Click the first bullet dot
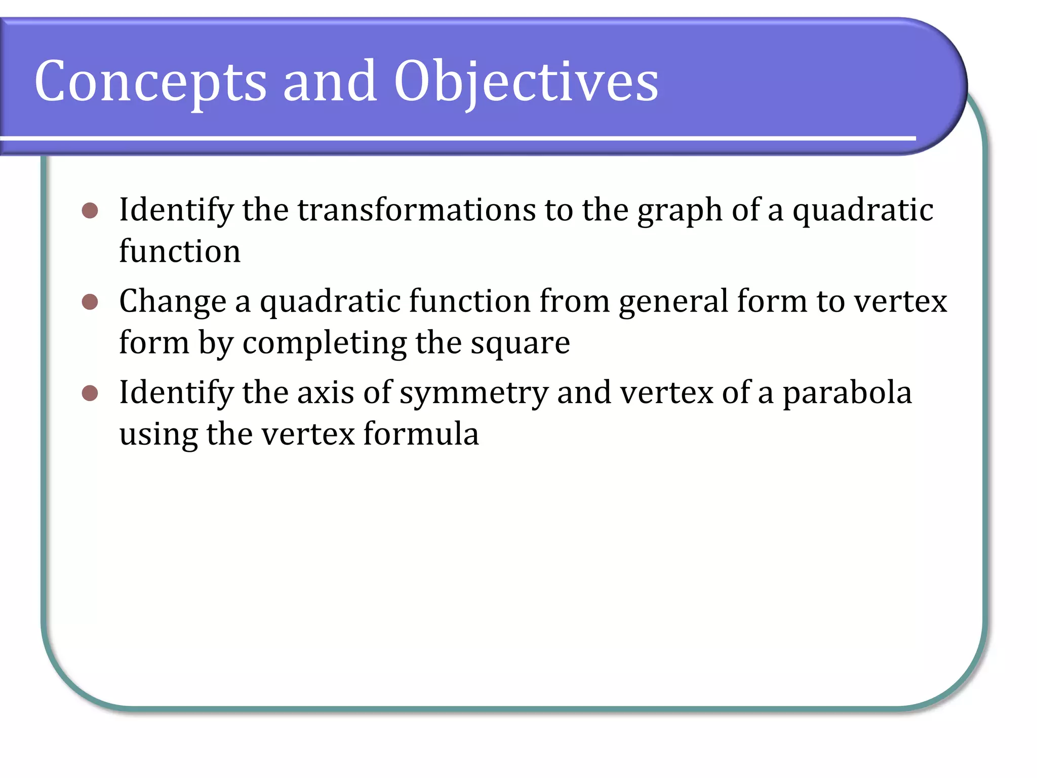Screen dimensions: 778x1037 point(90,210)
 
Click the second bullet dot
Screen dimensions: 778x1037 point(90,302)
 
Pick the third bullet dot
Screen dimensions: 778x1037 point(90,393)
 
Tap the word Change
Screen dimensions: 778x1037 point(172,302)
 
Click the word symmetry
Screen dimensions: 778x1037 point(474,394)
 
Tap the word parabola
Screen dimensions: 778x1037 point(847,393)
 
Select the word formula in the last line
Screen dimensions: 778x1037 point(421,434)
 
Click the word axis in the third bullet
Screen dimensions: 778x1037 point(325,393)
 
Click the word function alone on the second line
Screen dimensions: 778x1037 point(180,251)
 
